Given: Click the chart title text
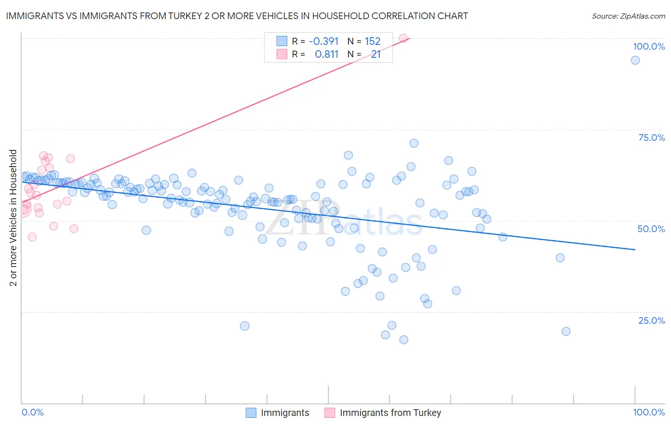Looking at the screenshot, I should pyautogui.click(x=237, y=16).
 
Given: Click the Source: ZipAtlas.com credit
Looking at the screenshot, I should pyautogui.click(x=628, y=16).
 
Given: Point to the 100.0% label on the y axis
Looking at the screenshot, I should pyautogui.click(x=649, y=46).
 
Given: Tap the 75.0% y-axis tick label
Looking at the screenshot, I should pyautogui.click(x=651, y=138).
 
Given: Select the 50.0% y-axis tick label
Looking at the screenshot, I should pyautogui.click(x=651, y=229).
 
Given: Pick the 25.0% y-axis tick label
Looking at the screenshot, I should pyautogui.click(x=651, y=320).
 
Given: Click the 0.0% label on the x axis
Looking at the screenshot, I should pyautogui.click(x=32, y=412).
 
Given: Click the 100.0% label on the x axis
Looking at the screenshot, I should pyautogui.click(x=649, y=412).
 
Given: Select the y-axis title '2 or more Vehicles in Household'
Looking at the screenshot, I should pyautogui.click(x=13, y=218).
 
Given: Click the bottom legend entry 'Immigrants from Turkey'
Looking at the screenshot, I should pyautogui.click(x=390, y=413).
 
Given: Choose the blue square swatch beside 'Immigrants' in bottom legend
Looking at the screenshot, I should pyautogui.click(x=251, y=413).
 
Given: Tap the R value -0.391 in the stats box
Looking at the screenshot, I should pyautogui.click(x=324, y=42).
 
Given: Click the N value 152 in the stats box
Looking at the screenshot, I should pyautogui.click(x=373, y=42).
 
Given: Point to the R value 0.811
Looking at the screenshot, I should pyautogui.click(x=326, y=54).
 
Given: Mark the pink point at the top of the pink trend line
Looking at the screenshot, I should pyautogui.click(x=403, y=38).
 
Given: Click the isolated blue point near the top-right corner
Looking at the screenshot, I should pyautogui.click(x=635, y=60).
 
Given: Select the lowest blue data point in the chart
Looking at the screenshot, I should pyautogui.click(x=404, y=340).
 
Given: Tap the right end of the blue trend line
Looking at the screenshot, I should pyautogui.click(x=635, y=249).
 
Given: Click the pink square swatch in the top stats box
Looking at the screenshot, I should pyautogui.click(x=282, y=54).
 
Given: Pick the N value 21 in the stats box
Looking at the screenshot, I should pyautogui.click(x=376, y=54).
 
